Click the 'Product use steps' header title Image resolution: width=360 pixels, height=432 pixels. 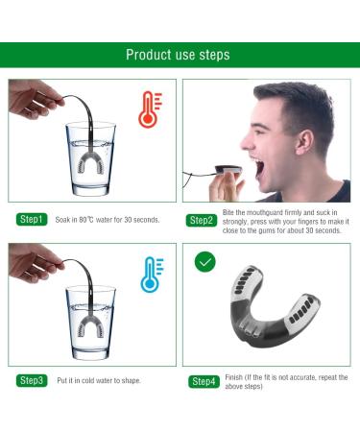click(179, 55)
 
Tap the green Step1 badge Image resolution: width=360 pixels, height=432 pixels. click(32, 220)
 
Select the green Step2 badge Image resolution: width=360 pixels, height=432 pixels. click(202, 220)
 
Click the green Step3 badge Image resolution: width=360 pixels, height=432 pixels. click(32, 381)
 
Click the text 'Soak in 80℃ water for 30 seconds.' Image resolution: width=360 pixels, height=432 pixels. click(107, 220)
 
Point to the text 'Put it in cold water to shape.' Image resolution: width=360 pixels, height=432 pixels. click(99, 381)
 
